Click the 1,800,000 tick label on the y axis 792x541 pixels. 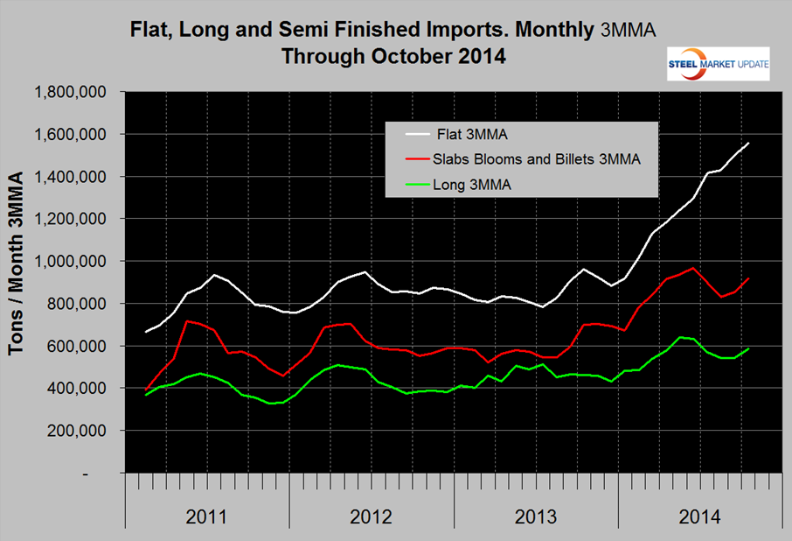pos(70,92)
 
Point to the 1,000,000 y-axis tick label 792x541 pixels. pos(70,261)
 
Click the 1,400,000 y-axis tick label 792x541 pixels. pos(70,177)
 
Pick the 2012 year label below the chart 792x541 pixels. pos(371,516)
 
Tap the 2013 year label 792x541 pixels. pos(535,516)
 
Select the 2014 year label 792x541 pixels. pos(699,516)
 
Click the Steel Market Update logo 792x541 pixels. pos(718,64)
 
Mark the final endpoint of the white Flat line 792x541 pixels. pos(749,143)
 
